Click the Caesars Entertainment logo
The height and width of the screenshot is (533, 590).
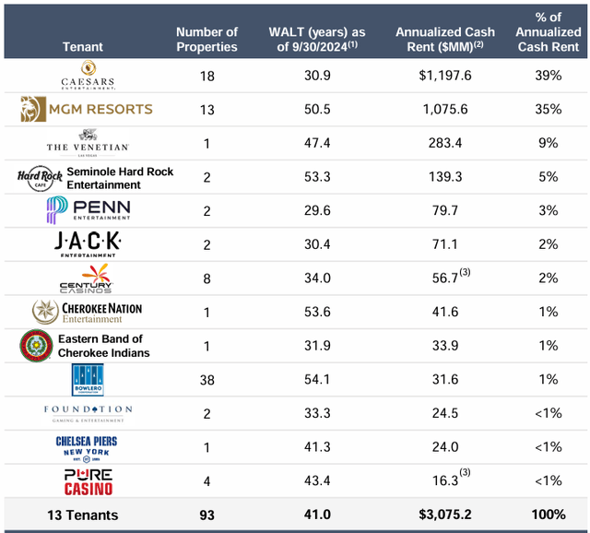(x=88, y=75)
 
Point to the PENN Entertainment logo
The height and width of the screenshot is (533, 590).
(x=88, y=210)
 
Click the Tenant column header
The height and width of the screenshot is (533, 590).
(x=83, y=46)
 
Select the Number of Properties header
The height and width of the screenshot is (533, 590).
(x=206, y=40)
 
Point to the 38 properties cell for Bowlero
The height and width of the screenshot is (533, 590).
(x=206, y=379)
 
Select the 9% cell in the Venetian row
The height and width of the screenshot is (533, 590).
(x=549, y=143)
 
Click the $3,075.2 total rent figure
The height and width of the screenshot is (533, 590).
(x=444, y=515)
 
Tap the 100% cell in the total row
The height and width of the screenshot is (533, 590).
(x=549, y=515)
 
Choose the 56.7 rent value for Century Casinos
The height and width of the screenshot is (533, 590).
(x=442, y=278)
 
